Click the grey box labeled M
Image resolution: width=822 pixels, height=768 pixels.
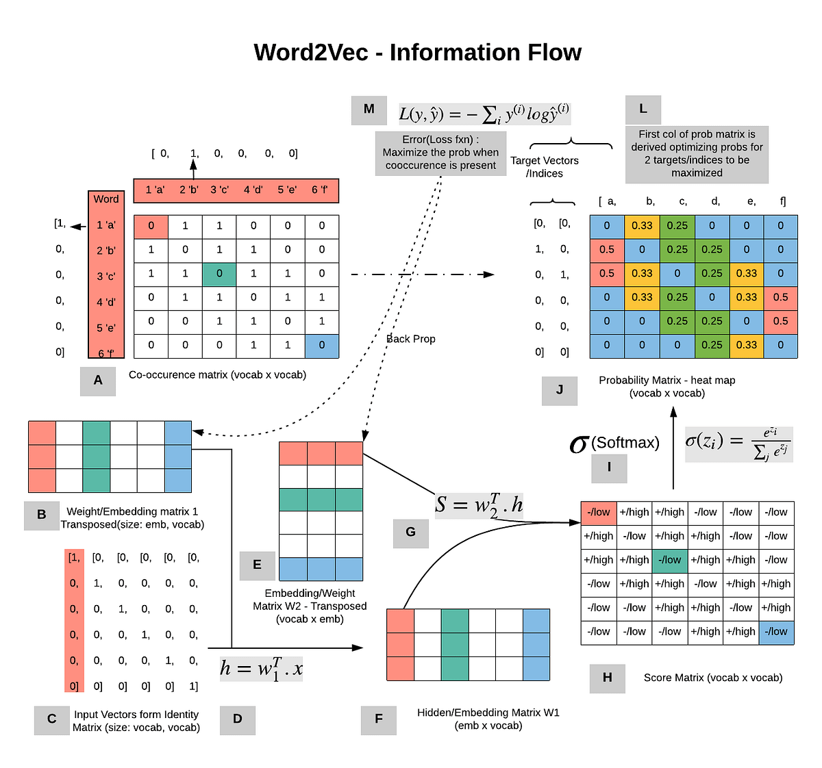(369, 110)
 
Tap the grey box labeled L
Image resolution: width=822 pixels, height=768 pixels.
(643, 110)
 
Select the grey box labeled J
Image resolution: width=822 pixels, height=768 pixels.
(559, 390)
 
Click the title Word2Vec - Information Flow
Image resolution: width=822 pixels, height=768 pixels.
(417, 53)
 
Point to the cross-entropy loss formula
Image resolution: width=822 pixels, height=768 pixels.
(484, 114)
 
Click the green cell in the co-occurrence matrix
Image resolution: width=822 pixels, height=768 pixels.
(219, 274)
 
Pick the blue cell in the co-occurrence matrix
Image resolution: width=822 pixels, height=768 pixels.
(321, 345)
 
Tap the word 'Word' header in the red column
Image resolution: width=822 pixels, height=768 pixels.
(106, 199)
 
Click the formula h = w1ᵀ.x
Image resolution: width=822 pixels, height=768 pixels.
(261, 667)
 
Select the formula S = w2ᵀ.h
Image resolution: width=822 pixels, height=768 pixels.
(479, 505)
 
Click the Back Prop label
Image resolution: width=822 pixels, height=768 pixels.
(411, 339)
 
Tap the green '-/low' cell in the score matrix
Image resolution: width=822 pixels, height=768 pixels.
(670, 560)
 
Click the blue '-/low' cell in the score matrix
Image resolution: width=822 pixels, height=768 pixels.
(776, 631)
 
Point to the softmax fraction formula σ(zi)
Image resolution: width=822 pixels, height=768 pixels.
(738, 444)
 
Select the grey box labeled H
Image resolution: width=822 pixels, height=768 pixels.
(607, 678)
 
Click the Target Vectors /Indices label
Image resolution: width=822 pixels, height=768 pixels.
(545, 167)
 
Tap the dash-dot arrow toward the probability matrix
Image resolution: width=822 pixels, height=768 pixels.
(421, 274)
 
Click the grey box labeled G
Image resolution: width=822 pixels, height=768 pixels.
(410, 533)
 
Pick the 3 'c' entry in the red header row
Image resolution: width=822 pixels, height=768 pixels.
(220, 190)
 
